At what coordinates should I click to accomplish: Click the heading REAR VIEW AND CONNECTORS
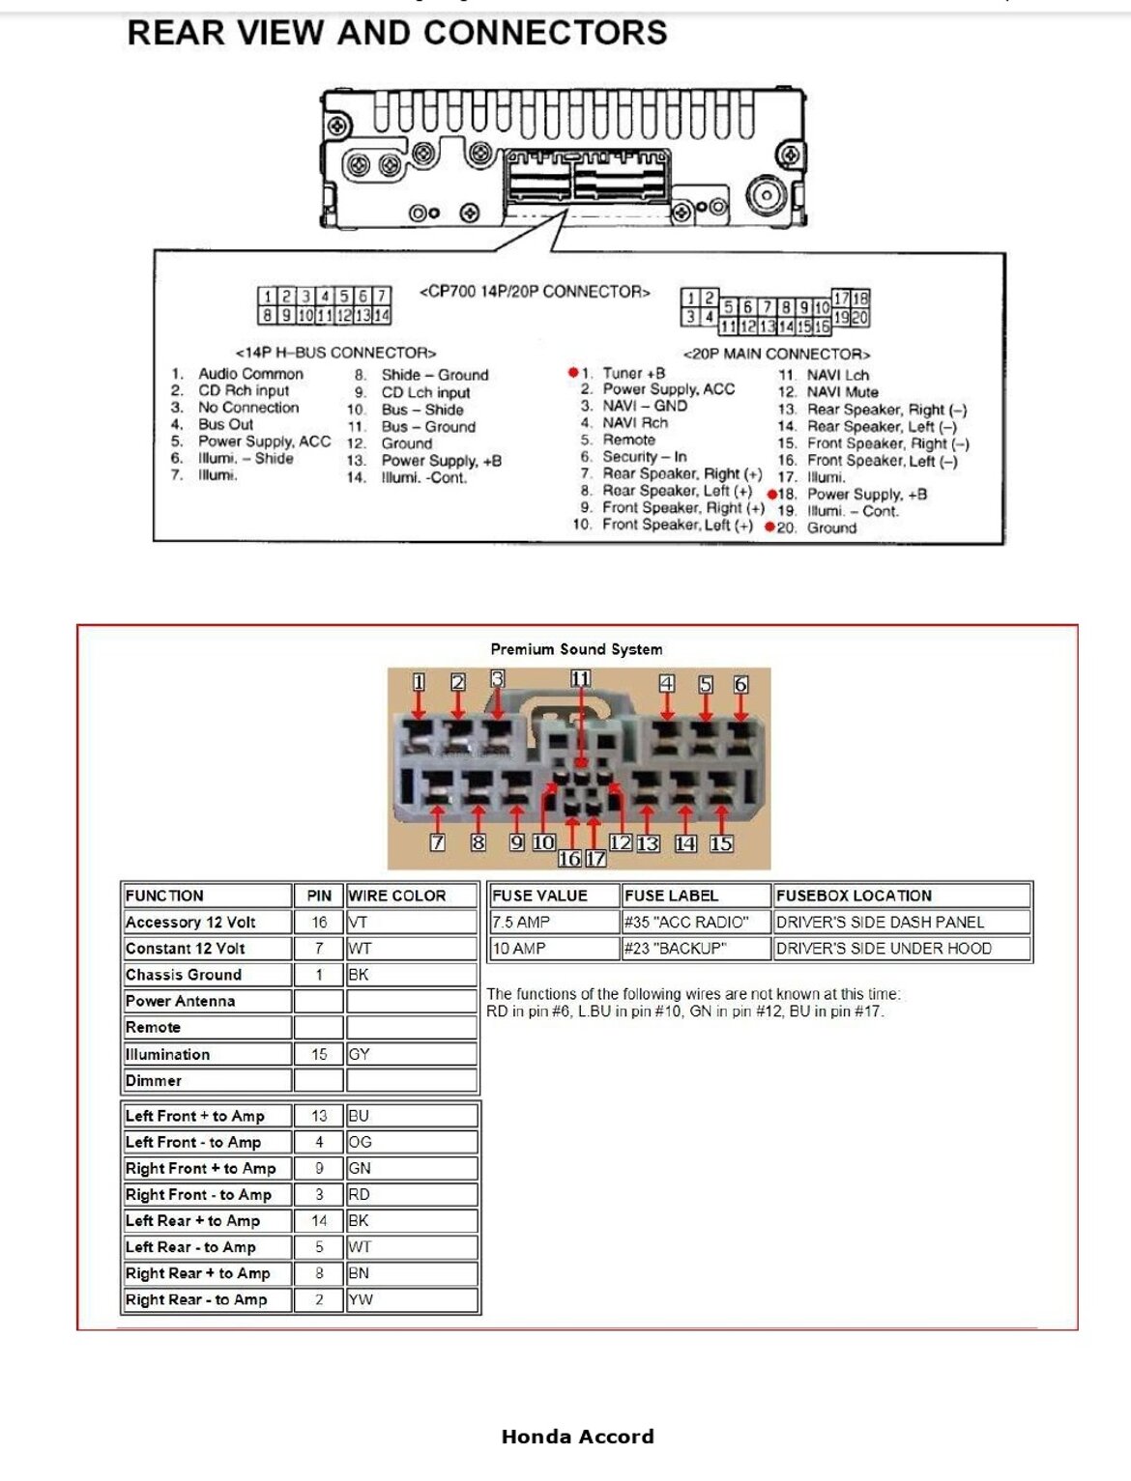coord(397,33)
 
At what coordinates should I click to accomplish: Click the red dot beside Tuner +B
coord(573,372)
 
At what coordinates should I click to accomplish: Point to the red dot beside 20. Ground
coord(769,527)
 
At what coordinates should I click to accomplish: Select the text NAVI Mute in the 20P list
coord(842,392)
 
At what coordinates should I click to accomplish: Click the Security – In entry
coord(644,457)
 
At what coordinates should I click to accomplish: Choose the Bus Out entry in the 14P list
coord(225,424)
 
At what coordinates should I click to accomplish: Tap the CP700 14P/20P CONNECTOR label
coord(535,292)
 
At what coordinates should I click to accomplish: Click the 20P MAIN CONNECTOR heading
coord(776,354)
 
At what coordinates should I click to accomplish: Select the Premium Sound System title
coord(576,649)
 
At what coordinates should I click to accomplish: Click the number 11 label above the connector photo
coord(580,678)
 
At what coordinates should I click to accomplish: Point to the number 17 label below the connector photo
coord(595,858)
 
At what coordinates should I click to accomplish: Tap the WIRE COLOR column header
coord(397,896)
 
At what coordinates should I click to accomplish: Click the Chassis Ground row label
coord(184,975)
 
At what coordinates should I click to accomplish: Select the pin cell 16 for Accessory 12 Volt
coord(319,923)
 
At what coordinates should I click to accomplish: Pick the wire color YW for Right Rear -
coord(361,1299)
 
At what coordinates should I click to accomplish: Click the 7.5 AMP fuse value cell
coord(520,923)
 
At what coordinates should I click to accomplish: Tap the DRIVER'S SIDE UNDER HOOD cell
coord(884,949)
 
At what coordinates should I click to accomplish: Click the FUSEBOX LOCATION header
coord(854,896)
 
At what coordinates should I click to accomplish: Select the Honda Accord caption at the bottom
coord(577,1437)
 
